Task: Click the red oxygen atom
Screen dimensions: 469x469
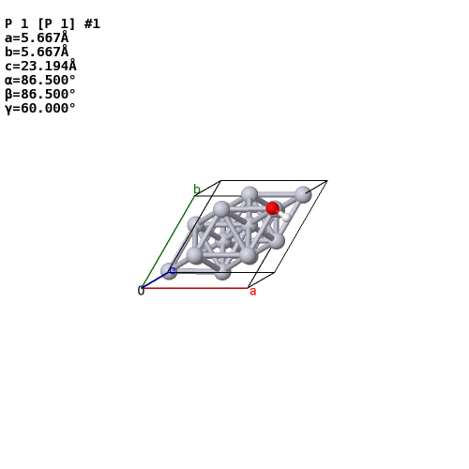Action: click(272, 208)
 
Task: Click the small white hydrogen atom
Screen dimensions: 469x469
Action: click(286, 217)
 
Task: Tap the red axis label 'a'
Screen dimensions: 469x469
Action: click(252, 292)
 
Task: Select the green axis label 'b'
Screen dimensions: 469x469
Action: click(197, 189)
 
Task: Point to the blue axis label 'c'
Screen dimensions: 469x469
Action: click(173, 270)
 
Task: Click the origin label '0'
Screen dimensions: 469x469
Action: click(141, 291)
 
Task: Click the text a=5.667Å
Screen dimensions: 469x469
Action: click(37, 38)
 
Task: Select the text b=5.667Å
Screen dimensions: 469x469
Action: click(37, 52)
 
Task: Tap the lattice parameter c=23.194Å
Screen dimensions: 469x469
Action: click(40, 66)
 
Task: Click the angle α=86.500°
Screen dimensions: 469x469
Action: click(40, 80)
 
